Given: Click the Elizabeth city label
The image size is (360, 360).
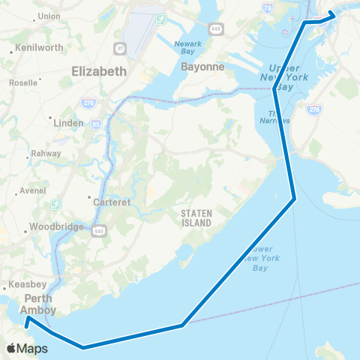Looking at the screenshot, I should tap(99, 72).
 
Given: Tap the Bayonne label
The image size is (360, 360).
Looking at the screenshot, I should tap(202, 67).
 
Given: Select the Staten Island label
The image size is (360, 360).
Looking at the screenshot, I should tap(196, 217).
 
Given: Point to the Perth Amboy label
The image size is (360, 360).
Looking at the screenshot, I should tap(37, 303).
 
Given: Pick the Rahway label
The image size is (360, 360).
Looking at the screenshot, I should tap(40, 154).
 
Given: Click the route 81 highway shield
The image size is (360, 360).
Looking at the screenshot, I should tap(121, 49).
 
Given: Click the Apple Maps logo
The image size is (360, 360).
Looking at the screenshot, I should tap(27, 348).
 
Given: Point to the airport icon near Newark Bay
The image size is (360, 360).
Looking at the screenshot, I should tap(161, 19).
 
